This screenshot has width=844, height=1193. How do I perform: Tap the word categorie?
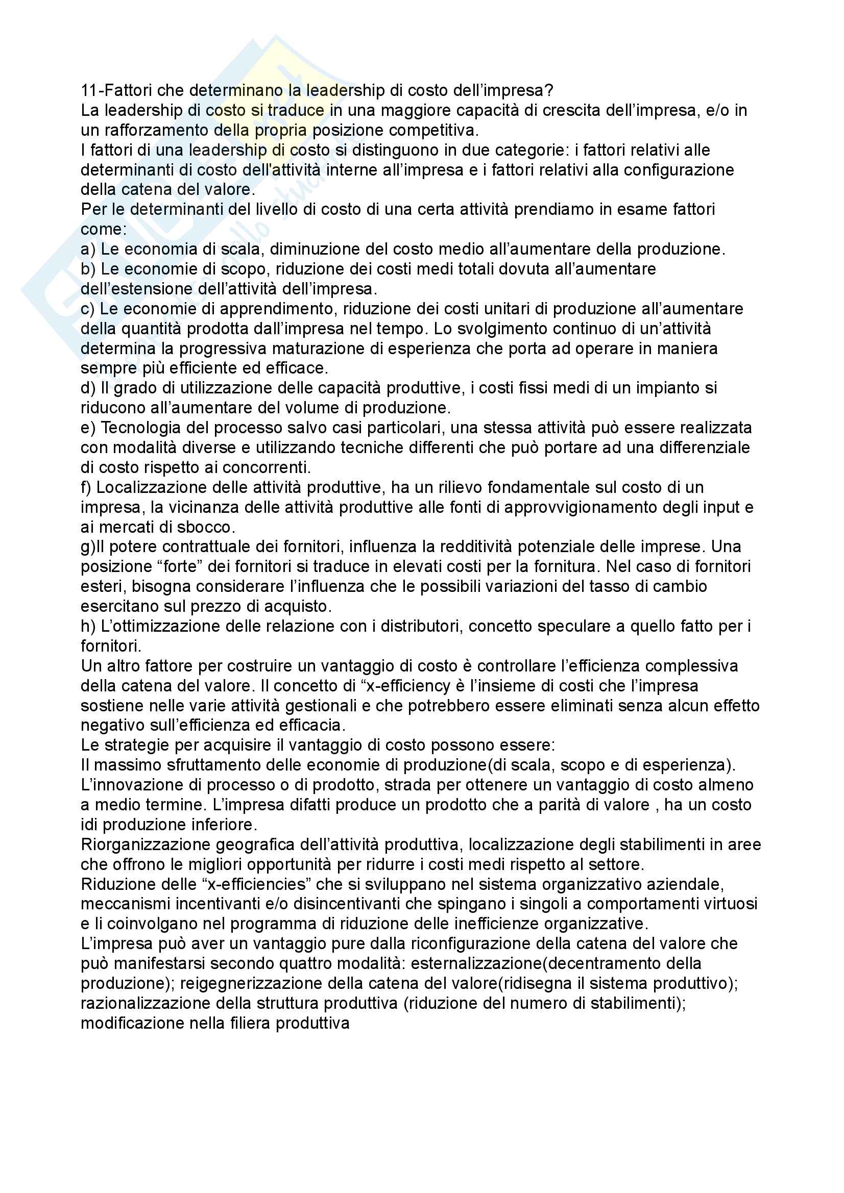[x=513, y=150]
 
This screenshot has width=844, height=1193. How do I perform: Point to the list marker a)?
[x=88, y=250]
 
